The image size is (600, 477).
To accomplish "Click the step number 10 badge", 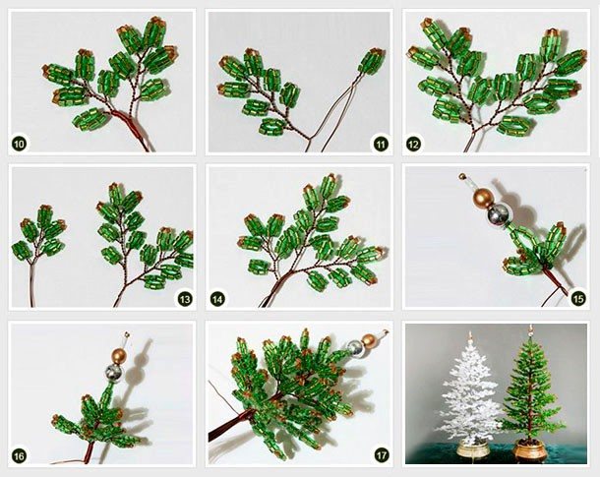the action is (x=19, y=145).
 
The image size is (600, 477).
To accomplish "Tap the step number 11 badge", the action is (x=380, y=145).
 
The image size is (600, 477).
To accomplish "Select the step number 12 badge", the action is (x=414, y=145).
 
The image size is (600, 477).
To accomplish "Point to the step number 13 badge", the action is (x=185, y=299).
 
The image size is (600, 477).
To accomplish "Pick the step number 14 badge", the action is (x=217, y=299).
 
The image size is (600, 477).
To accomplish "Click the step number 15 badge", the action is (x=578, y=298).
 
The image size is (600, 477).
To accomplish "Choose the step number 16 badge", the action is (x=19, y=455).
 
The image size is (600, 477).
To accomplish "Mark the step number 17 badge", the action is (x=382, y=455).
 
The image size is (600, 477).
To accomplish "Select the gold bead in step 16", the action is (x=119, y=356).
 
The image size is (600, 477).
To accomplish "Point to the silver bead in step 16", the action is (x=114, y=372).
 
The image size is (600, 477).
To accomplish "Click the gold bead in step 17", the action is (x=370, y=339).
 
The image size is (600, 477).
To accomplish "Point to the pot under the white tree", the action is (x=471, y=447).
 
